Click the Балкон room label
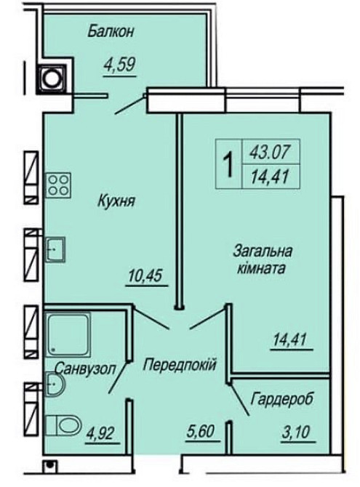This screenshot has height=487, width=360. [x=112, y=31]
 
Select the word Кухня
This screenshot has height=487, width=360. [x=118, y=201]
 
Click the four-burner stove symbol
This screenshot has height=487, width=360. [x=58, y=185]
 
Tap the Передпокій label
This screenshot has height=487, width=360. [x=180, y=363]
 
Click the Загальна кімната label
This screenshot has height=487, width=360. [x=264, y=259]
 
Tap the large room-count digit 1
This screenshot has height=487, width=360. [x=228, y=166]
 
